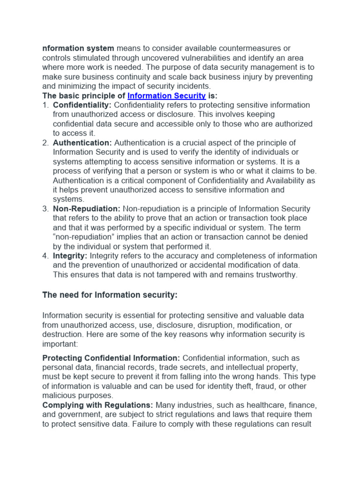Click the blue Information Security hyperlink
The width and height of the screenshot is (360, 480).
tap(166, 96)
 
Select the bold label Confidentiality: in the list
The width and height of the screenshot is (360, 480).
tap(82, 105)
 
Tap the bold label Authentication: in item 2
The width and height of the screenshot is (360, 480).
tap(82, 142)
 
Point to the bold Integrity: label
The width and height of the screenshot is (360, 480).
tap(70, 255)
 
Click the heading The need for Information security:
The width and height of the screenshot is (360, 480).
tap(110, 295)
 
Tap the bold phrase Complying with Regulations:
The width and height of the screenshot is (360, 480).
tap(97, 405)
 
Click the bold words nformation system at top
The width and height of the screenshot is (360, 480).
tap(78, 48)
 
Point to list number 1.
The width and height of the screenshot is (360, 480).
tap(45, 105)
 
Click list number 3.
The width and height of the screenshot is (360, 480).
tap(45, 209)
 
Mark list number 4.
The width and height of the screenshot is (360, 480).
tap(45, 255)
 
